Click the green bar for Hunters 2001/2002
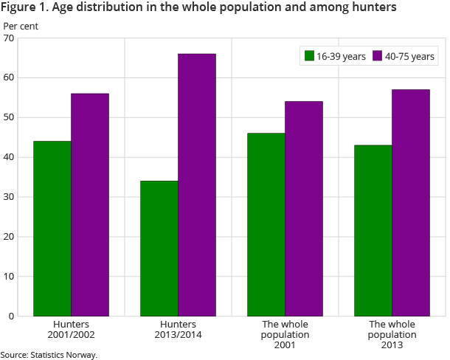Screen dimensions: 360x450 (52, 229)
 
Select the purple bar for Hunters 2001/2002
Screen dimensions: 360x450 (90, 205)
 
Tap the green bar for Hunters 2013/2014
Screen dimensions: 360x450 (159, 249)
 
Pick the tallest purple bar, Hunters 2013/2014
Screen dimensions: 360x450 (197, 184)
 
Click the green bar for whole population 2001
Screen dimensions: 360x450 (266, 225)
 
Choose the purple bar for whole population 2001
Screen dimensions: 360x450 (304, 209)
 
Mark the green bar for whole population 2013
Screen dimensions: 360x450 (373, 231)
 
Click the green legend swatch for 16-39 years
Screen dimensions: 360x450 (309, 56)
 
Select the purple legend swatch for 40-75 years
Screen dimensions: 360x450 (378, 56)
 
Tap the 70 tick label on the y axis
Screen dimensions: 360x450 (9, 38)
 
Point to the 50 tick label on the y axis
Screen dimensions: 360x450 (9, 117)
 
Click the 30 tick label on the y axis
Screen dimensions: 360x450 (9, 197)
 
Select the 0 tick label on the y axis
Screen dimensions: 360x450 (11, 316)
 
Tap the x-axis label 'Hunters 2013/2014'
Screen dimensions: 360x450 (178, 329)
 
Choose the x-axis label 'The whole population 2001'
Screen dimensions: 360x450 (285, 334)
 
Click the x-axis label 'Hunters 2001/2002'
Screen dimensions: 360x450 (71, 329)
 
